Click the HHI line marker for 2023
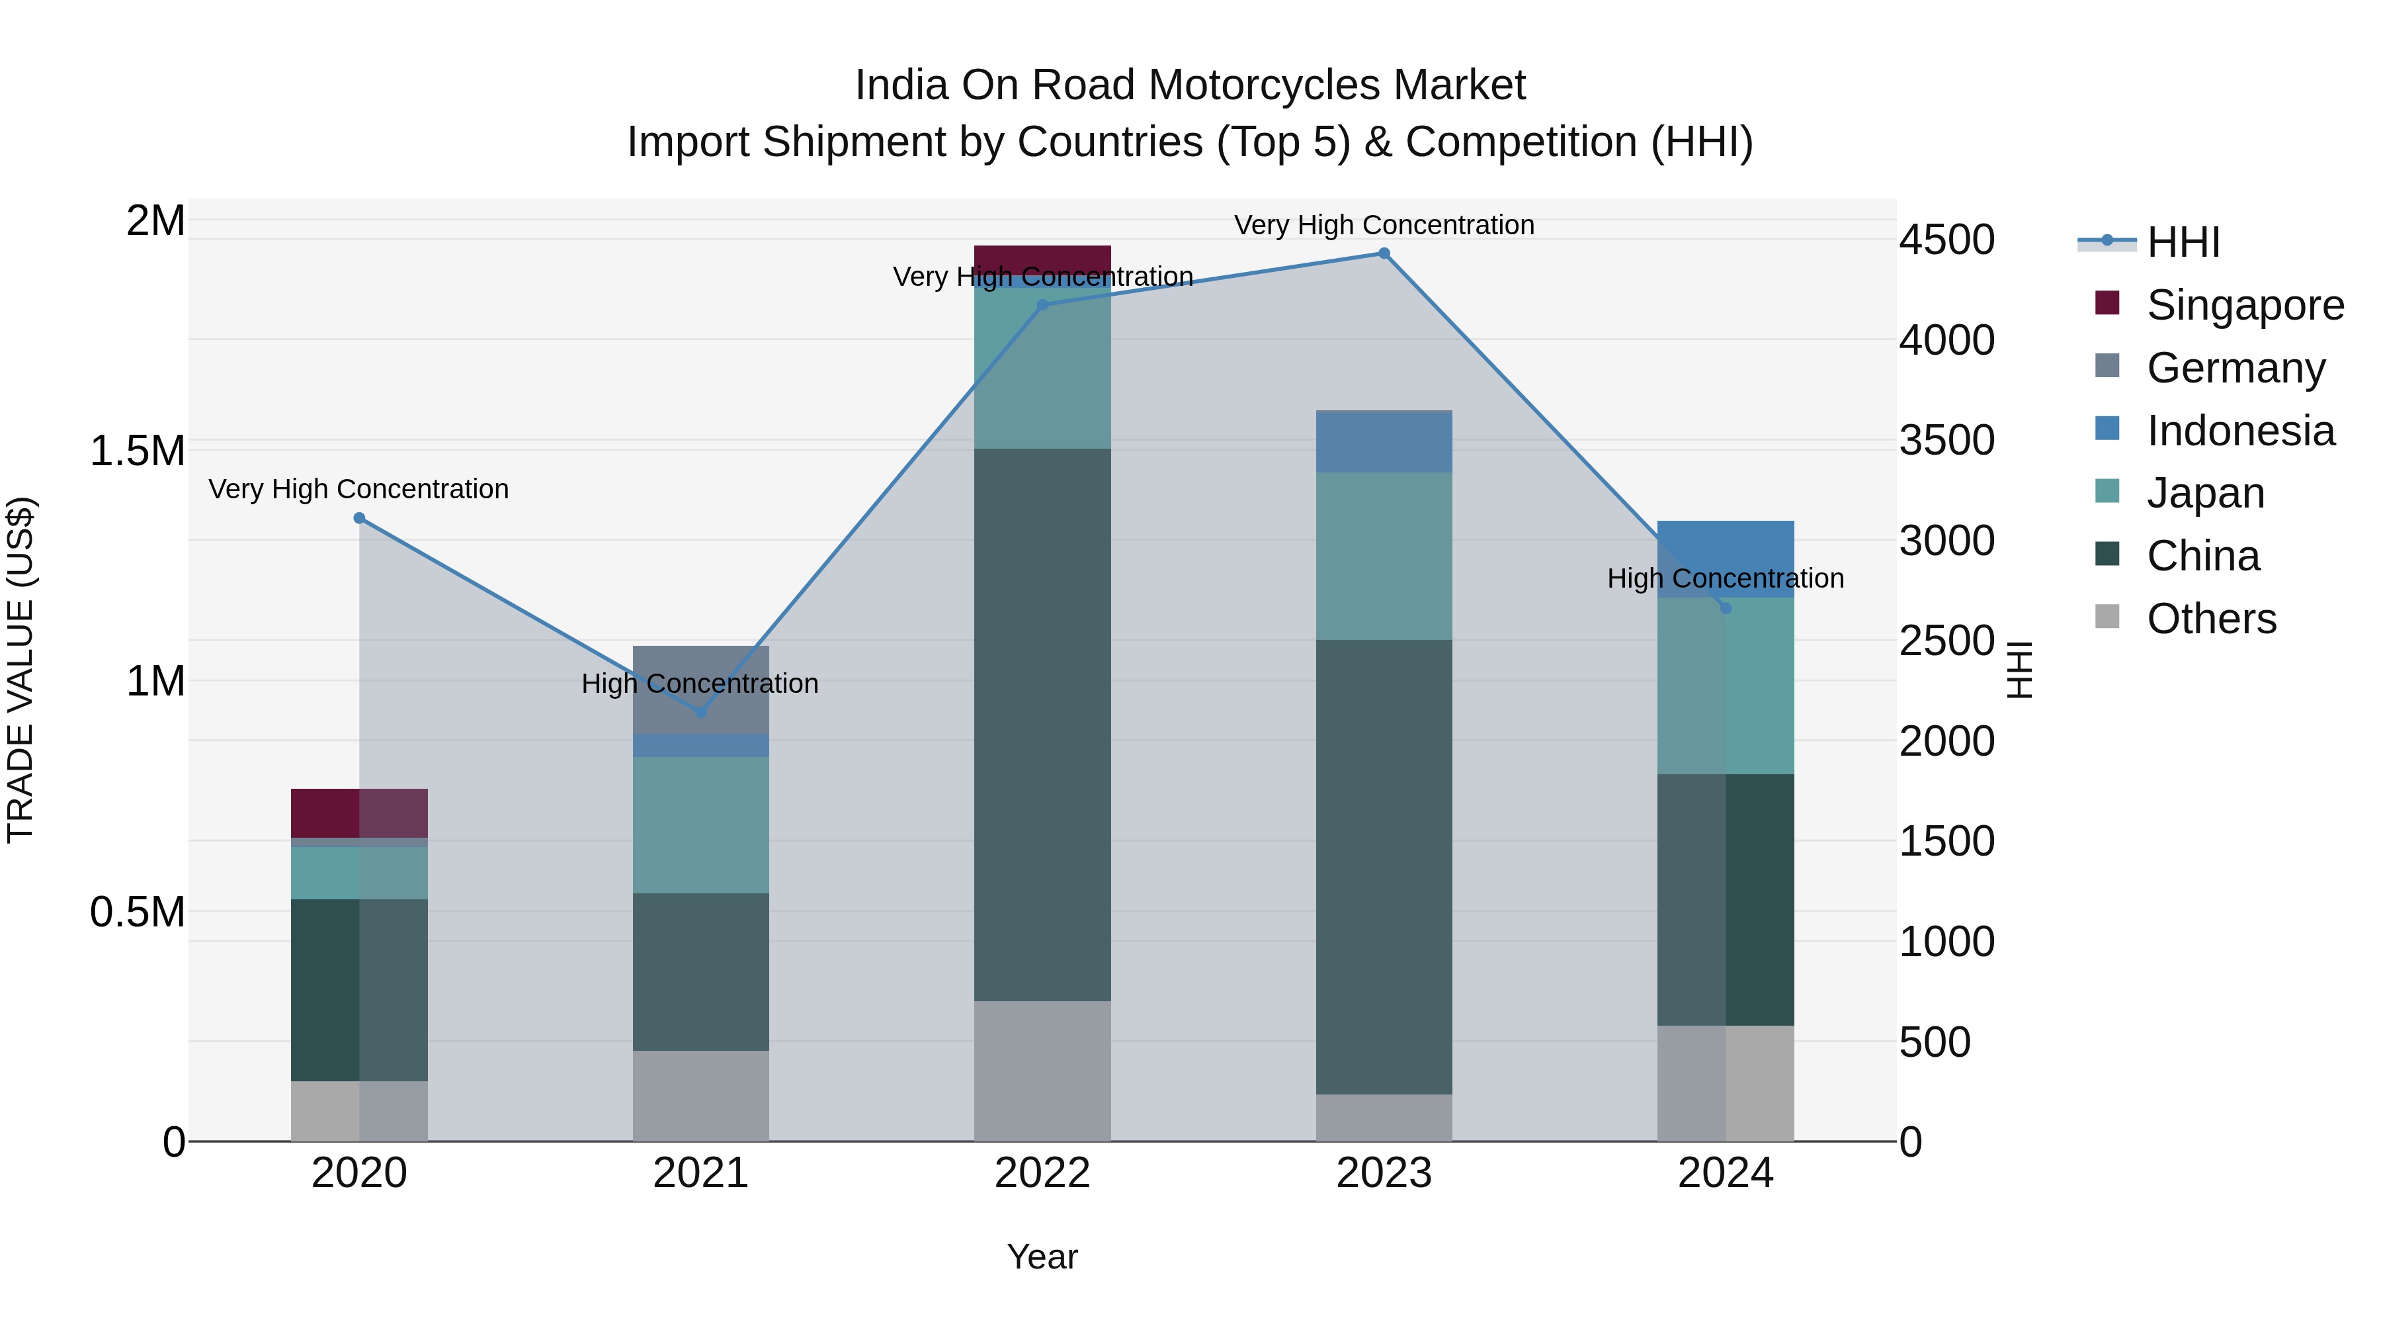(x=1384, y=253)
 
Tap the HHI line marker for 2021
(x=700, y=712)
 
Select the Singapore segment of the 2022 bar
(x=1042, y=259)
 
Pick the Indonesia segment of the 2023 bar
(x=1384, y=441)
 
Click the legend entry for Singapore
(x=2244, y=305)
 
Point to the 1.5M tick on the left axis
(x=138, y=451)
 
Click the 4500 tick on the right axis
(x=1946, y=240)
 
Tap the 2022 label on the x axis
(x=1042, y=1173)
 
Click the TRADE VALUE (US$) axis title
(x=21, y=670)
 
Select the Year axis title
(x=1042, y=1257)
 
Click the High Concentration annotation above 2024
(x=1725, y=579)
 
